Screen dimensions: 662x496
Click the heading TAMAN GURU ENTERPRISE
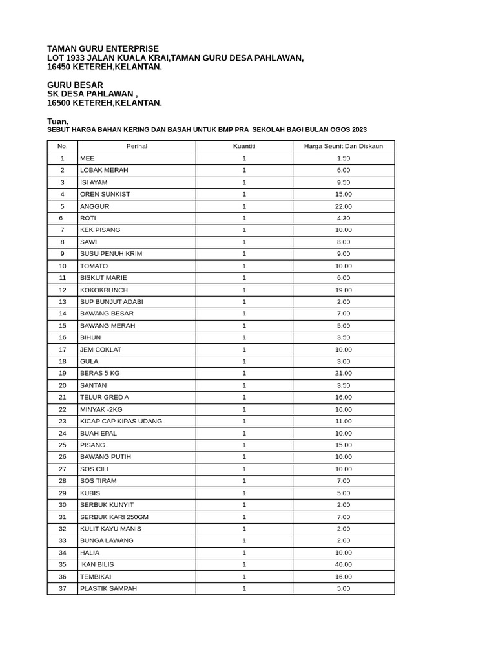(x=103, y=48)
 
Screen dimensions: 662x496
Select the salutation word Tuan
(x=57, y=122)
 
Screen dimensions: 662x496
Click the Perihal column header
(x=136, y=146)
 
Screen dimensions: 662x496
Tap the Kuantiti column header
(x=244, y=146)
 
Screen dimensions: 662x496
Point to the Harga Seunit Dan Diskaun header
(x=344, y=146)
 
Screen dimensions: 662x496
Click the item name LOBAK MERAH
(x=104, y=170)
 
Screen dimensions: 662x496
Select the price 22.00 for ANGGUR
(x=344, y=206)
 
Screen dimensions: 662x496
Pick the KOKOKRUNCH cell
(x=104, y=290)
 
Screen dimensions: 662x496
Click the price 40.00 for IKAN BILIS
(x=344, y=564)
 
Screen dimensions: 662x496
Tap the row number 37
(x=63, y=588)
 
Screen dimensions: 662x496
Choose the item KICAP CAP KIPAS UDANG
(x=121, y=421)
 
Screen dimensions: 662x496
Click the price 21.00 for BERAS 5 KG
(x=344, y=373)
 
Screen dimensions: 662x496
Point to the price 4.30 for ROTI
(x=344, y=218)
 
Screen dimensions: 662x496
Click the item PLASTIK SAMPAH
(x=108, y=588)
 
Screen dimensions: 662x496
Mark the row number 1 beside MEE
(x=63, y=158)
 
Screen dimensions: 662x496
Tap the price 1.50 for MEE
(x=344, y=158)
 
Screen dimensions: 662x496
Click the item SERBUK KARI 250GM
(x=114, y=517)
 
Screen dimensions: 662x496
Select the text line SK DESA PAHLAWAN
(x=92, y=94)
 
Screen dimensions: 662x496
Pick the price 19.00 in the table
(x=344, y=290)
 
